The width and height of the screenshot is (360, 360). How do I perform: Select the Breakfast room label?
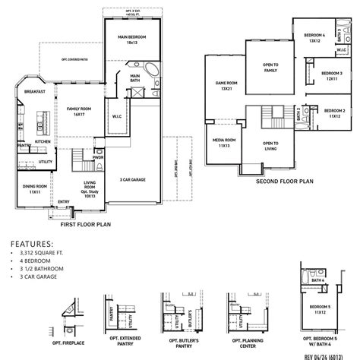click(x=34, y=91)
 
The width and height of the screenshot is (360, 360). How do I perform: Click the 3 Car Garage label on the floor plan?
click(x=132, y=179)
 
